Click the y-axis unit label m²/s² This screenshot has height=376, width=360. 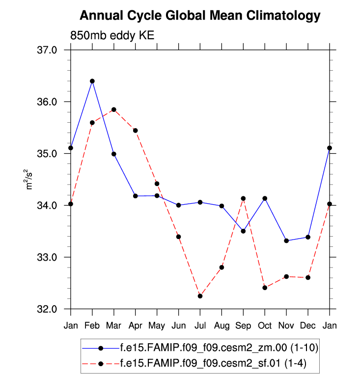[30, 180]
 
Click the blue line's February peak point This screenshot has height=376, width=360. [92, 81]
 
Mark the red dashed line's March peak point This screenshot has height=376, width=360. [114, 109]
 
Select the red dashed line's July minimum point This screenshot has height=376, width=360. [200, 296]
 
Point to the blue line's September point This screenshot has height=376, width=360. [243, 231]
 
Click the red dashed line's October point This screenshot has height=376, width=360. [265, 288]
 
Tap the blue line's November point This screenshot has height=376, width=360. [286, 241]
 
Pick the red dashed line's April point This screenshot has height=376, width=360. [136, 130]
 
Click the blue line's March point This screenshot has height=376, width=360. [114, 154]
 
